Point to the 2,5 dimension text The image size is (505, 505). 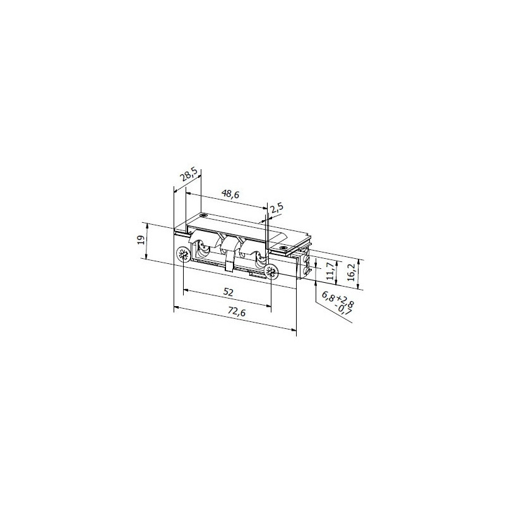click(276, 209)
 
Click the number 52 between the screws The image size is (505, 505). click(229, 292)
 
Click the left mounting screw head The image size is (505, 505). click(183, 255)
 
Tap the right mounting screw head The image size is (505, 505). click(271, 272)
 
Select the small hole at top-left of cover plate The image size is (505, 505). click(204, 215)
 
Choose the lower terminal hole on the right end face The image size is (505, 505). click(307, 271)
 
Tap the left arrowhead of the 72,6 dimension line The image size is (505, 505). click(175, 307)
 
